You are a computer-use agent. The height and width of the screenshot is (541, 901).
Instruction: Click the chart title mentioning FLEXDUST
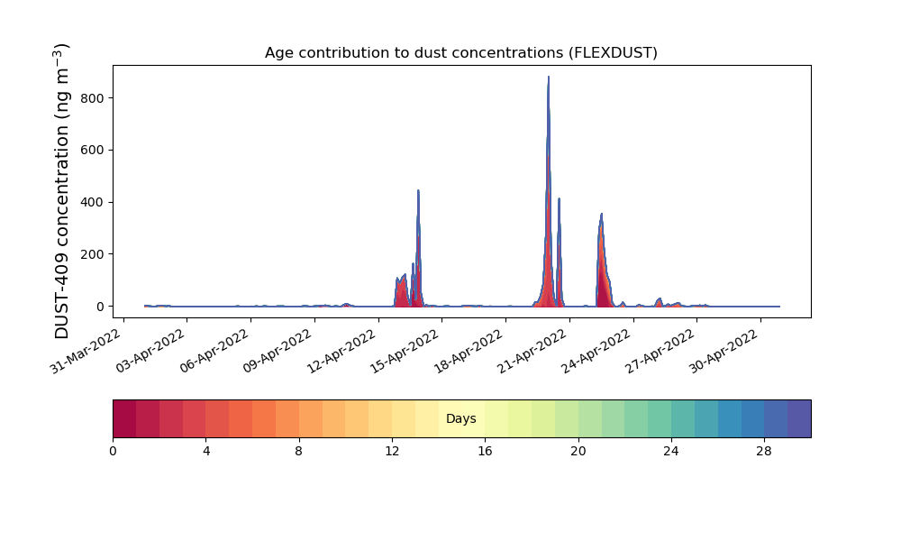[x=460, y=53]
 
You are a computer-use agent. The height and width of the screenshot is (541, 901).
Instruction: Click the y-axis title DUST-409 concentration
[x=61, y=191]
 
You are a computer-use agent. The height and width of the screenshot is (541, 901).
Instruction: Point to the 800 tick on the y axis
[x=92, y=98]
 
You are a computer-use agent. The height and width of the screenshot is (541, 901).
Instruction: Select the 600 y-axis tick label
[x=92, y=150]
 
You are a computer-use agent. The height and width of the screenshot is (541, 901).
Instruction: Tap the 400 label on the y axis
[x=92, y=202]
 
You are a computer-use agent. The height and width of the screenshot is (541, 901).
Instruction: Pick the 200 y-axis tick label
[x=92, y=254]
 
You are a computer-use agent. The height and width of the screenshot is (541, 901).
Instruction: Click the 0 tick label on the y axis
[x=101, y=307]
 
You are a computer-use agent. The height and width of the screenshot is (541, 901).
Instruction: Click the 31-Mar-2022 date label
[x=85, y=352]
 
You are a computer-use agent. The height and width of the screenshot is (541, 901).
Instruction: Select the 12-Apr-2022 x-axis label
[x=341, y=352]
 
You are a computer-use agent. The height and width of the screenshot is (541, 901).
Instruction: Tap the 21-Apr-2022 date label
[x=532, y=352]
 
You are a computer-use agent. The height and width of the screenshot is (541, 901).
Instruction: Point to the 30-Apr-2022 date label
[x=724, y=352]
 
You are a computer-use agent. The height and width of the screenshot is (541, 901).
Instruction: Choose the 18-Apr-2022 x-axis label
[x=469, y=352]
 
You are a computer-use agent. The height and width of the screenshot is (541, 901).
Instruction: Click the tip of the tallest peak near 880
[x=548, y=77]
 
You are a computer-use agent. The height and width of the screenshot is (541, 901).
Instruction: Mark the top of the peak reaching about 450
[x=418, y=190]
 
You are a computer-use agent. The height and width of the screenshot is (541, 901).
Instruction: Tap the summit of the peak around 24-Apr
[x=602, y=214]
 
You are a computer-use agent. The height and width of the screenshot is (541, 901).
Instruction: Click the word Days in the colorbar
[x=460, y=418]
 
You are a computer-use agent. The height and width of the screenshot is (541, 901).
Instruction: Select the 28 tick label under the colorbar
[x=764, y=452]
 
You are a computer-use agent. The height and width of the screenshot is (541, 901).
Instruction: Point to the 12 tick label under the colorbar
[x=392, y=452]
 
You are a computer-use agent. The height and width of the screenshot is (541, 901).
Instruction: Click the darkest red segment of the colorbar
[x=124, y=418]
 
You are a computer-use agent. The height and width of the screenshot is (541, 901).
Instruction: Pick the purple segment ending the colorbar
[x=799, y=418]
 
